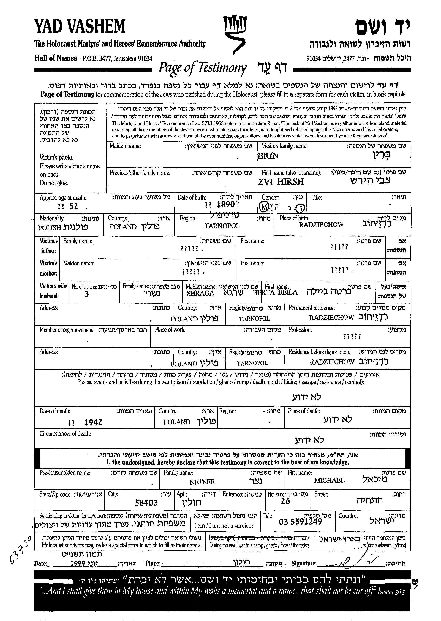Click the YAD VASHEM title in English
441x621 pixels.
[80, 27]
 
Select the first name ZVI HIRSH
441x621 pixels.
[281, 181]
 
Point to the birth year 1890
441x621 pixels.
[225, 204]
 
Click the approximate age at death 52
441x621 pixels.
[74, 207]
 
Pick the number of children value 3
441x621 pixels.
[86, 294]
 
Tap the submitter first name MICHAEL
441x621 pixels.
[329, 480]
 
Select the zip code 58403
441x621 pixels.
[146, 503]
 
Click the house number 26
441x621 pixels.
[285, 501]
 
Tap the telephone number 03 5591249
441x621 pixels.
[301, 522]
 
